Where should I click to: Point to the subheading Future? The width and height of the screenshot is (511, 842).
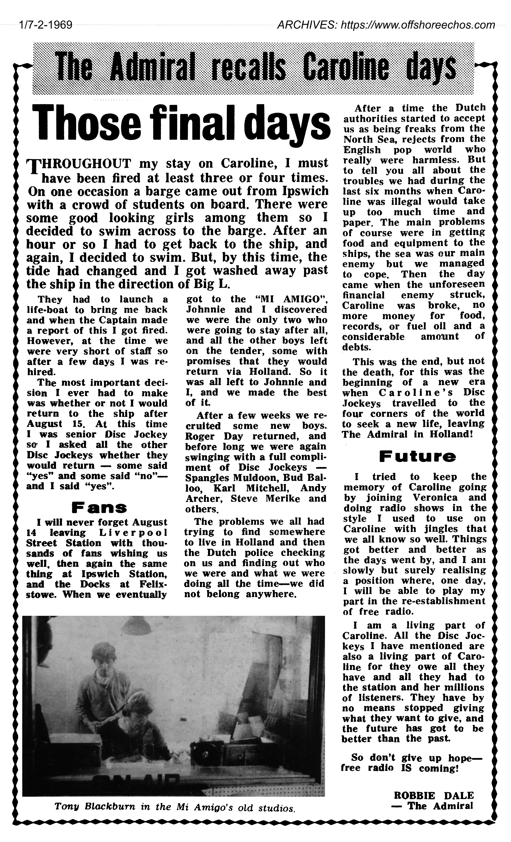(x=417, y=457)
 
